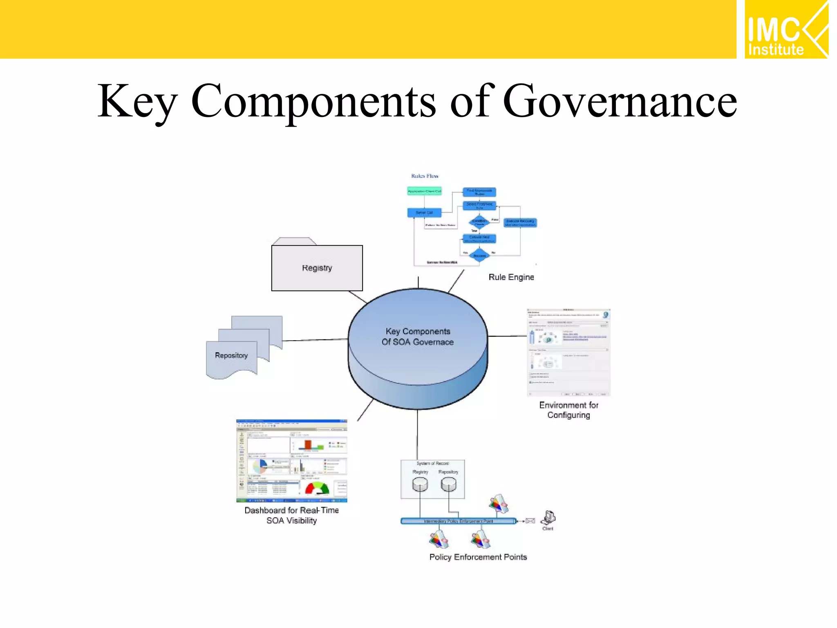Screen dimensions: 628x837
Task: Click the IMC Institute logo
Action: [x=786, y=30]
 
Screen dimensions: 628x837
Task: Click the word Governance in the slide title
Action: [x=620, y=101]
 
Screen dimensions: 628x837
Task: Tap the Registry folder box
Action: [x=317, y=268]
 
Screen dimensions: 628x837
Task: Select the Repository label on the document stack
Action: [x=231, y=355]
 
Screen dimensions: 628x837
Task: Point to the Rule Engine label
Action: [x=511, y=277]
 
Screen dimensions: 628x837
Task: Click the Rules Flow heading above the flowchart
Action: [x=425, y=176]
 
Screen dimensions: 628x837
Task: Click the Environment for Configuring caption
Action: [x=568, y=410]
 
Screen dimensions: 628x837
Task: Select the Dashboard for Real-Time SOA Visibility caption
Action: [x=291, y=515]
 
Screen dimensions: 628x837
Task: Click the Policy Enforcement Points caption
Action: [x=478, y=557]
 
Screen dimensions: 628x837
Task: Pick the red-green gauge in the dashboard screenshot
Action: [x=317, y=488]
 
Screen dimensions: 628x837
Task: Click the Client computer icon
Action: [x=548, y=518]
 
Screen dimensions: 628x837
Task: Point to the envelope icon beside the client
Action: [x=530, y=521]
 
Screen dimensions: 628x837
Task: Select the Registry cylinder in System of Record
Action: [x=420, y=485]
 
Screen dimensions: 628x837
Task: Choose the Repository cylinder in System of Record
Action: [x=448, y=485]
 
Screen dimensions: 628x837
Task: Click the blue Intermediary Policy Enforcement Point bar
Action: [x=458, y=521]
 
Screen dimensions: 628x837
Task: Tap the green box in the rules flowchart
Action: [x=424, y=191]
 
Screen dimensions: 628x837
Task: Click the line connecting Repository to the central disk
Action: [x=315, y=340]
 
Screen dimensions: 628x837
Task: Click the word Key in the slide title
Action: [x=137, y=101]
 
